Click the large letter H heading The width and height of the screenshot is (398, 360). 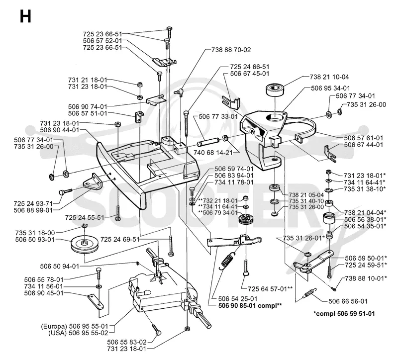coord(25,16)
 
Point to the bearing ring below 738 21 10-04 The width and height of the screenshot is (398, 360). coord(275,90)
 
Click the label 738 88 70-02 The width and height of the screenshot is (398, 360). coord(231,50)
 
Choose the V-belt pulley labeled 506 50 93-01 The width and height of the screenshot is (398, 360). coord(84,245)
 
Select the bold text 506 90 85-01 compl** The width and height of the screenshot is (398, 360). coord(250,305)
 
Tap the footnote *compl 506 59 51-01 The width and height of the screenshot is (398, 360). coord(344,314)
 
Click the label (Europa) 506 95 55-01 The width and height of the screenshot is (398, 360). coord(75,326)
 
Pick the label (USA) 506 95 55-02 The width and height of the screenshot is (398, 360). coord(78,333)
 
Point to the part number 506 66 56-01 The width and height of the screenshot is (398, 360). coord(348,301)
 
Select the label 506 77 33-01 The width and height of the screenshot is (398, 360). coord(218,116)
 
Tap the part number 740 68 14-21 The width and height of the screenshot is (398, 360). coord(213,153)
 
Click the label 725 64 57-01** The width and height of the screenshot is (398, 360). coord(270,289)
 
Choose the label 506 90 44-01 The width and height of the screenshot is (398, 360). coord(60,130)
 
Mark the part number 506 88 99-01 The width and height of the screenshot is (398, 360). coord(33,210)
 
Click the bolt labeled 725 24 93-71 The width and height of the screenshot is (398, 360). coord(65,191)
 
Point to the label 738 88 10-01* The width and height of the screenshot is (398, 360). coord(366,278)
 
